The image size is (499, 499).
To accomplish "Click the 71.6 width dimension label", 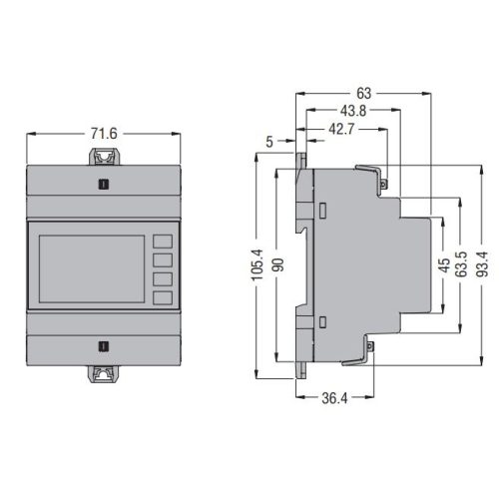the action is tap(104, 134).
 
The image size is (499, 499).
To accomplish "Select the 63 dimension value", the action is tap(363, 94).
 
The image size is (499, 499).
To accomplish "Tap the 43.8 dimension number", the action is tap(353, 111).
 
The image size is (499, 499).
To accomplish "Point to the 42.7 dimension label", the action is tap(341, 129).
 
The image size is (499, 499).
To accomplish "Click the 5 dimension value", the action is tap(269, 142).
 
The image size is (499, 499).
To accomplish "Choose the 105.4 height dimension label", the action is tap(257, 264).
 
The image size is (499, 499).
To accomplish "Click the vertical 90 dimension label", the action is tap(278, 264).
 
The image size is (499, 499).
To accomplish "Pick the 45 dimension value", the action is tap(444, 265).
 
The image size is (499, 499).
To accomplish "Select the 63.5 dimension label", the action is tap(462, 264).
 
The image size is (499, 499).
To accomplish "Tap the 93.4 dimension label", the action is tap(482, 264).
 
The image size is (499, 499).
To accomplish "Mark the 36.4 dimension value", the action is tap(334, 398).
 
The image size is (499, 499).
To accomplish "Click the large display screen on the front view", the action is tap(92, 268).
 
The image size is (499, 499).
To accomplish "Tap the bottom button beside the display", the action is tap(163, 298).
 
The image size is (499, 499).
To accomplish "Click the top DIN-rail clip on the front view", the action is tap(104, 157).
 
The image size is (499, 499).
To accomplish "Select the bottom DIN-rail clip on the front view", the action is tap(104, 374).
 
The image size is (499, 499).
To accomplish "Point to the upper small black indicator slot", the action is tap(104, 184).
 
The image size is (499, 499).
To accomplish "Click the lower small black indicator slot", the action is tap(104, 346).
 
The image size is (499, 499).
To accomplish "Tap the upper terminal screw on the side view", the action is tap(383, 184).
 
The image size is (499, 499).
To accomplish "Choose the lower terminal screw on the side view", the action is tap(370, 346).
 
